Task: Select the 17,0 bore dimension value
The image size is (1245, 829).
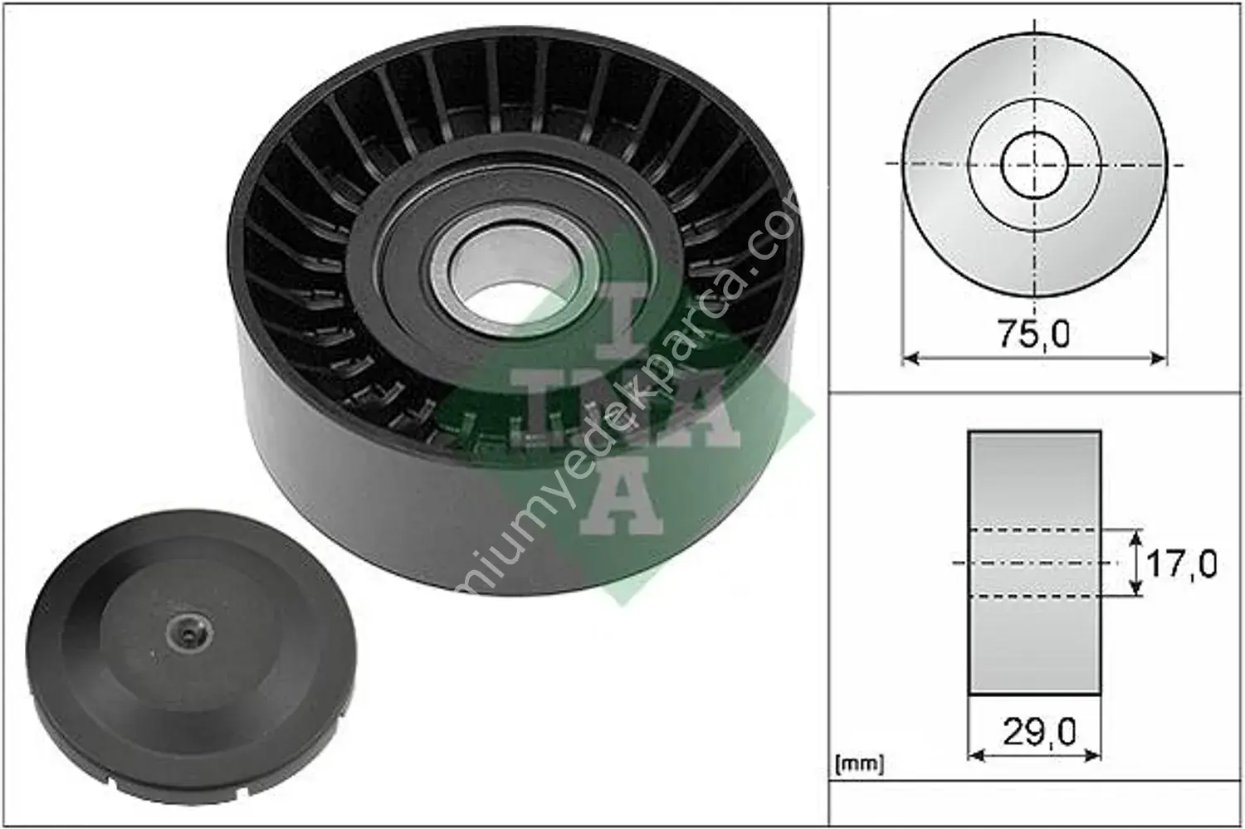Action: (1180, 564)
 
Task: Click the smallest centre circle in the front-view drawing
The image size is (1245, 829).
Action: (1034, 163)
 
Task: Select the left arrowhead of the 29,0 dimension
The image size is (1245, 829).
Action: (975, 755)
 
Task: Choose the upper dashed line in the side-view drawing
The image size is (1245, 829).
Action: (1034, 529)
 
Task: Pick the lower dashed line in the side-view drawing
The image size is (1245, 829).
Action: (1034, 596)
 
